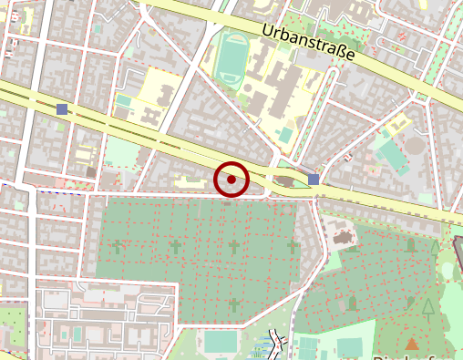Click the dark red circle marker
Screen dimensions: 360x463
coord(231,180)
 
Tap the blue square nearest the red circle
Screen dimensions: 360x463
coord(314,180)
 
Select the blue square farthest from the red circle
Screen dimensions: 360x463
coord(62,109)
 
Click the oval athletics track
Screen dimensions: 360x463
coord(231,57)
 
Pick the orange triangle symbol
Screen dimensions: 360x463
coord(412,344)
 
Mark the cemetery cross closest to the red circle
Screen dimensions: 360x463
coord(233,247)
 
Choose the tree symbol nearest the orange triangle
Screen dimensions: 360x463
coord(428,306)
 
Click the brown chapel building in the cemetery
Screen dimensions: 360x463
coord(343,237)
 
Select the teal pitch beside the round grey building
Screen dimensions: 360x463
coord(393,156)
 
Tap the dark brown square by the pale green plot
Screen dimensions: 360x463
coord(91,170)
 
